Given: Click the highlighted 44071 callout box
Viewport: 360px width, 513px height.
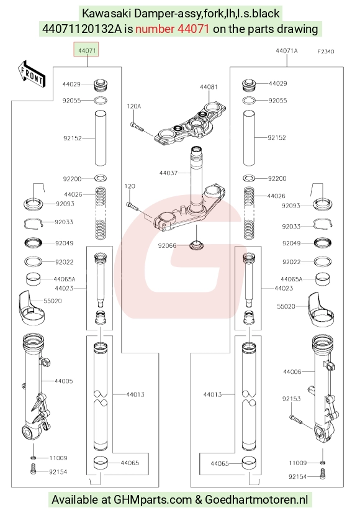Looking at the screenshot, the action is (x=86, y=49).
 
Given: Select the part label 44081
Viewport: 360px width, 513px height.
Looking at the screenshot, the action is (x=209, y=87).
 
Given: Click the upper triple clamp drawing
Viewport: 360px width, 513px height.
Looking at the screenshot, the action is (x=191, y=124).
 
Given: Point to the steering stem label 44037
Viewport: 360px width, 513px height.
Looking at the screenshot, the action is (x=168, y=173).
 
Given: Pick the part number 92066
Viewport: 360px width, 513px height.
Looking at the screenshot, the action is (x=167, y=245).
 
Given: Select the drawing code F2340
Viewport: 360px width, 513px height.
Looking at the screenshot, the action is (x=326, y=52).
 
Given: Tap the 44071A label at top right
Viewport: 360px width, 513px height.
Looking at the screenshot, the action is (x=287, y=51).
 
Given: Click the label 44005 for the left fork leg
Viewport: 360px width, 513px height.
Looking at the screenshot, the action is (x=64, y=381).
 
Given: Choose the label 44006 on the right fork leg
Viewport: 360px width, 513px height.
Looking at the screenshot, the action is (x=292, y=371).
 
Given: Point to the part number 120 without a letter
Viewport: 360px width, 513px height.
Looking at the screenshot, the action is (x=130, y=186).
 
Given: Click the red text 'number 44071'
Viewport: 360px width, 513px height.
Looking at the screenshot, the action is (x=173, y=29).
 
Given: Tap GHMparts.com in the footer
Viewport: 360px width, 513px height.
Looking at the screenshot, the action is (x=153, y=499).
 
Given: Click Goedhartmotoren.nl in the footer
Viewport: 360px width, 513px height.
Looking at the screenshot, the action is (x=256, y=499).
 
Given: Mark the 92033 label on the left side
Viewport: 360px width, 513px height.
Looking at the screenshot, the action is (x=64, y=222).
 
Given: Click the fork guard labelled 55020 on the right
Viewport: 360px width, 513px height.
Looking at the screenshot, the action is (x=321, y=309).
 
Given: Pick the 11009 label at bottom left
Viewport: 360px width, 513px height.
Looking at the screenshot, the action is (x=58, y=458).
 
